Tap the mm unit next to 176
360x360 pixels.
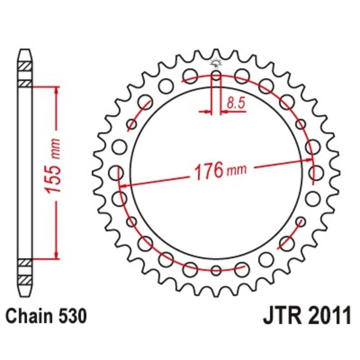[237, 171]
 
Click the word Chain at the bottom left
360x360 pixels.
[29, 316]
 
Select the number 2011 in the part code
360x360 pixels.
[328, 316]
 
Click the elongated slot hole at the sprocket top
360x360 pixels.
[216, 77]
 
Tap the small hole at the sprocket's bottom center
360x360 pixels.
[216, 270]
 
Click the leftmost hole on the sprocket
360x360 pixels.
[117, 172]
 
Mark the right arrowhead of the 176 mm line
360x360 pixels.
[310, 159]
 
